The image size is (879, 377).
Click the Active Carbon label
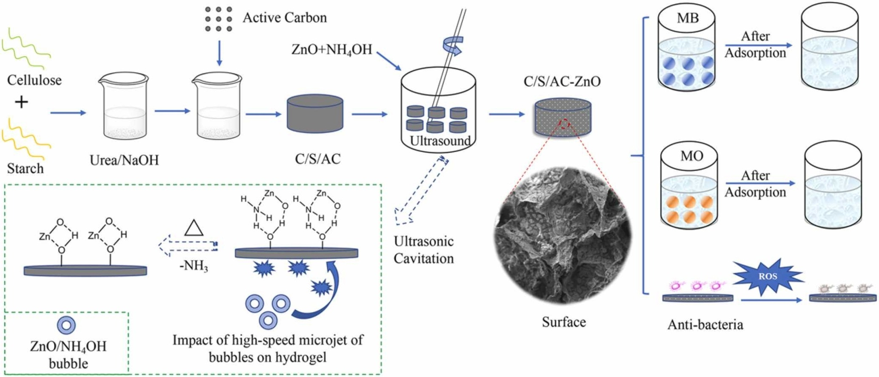click(285, 18)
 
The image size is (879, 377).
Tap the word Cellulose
click(34, 80)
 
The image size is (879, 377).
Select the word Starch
click(26, 169)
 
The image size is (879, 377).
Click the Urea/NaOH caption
click(124, 160)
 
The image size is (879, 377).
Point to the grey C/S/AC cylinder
click(315, 114)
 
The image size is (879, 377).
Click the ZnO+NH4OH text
click(331, 49)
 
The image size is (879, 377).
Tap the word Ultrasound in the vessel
click(440, 141)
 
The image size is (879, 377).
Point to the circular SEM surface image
click(563, 235)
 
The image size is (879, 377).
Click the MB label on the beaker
click(688, 18)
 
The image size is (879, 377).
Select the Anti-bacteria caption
click(705, 325)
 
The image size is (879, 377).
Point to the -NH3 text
click(194, 267)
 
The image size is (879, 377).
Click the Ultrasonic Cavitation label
click(424, 250)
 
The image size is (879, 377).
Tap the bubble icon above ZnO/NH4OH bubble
click(66, 325)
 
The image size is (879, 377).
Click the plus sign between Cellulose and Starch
click(22, 102)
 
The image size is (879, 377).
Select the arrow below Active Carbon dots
click(219, 53)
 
